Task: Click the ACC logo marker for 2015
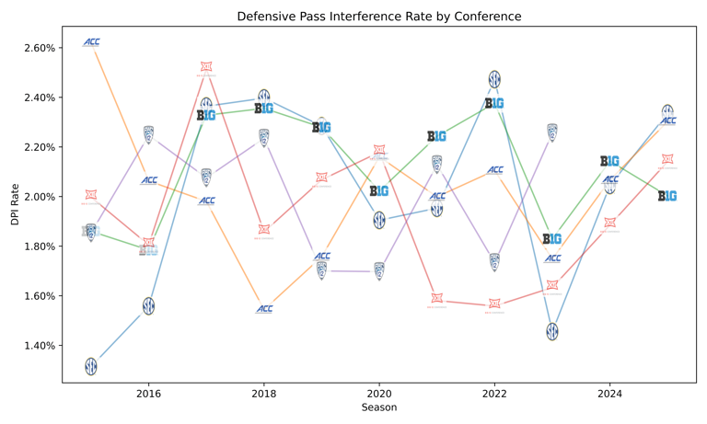91,42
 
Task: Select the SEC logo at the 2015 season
91,366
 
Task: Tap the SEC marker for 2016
148,306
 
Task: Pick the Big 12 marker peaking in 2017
206,67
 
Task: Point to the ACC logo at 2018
264,309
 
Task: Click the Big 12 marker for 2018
264,229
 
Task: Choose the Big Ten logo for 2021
437,136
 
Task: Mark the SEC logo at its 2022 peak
494,79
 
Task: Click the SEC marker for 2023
552,331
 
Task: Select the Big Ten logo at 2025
667,196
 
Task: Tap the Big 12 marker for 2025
667,159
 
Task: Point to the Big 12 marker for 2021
437,298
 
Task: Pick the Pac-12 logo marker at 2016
148,135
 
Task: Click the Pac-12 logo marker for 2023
552,132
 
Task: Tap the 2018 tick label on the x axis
264,394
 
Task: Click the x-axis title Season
378,407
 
